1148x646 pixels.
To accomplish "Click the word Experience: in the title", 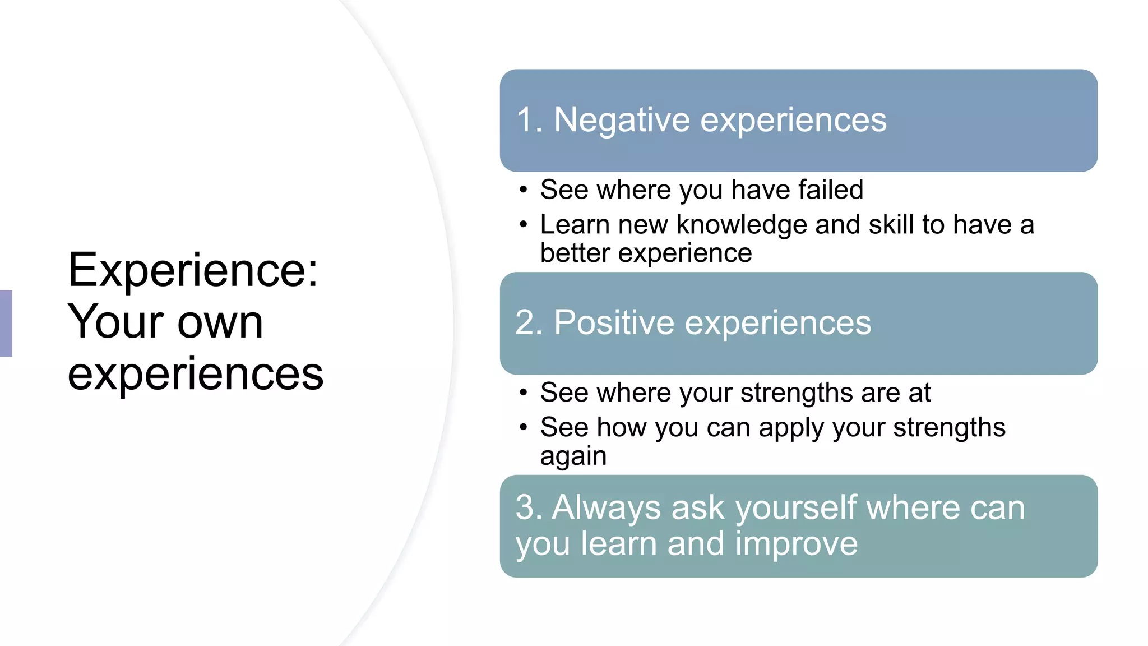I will tap(193, 271).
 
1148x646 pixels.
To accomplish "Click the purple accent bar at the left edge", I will tap(6, 323).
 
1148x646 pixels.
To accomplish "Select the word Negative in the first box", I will tap(622, 120).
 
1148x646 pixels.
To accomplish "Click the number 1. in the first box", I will tap(529, 120).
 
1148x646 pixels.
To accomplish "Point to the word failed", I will tap(831, 190).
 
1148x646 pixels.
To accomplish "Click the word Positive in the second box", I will tap(614, 323).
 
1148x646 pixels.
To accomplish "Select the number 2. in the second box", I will tap(529, 323).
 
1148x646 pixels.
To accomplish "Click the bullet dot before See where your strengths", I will tap(523, 393).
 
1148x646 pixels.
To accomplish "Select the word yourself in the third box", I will tap(797, 509).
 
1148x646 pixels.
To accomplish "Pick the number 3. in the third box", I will tap(528, 508).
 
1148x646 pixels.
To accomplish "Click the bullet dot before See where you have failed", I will tap(523, 190).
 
